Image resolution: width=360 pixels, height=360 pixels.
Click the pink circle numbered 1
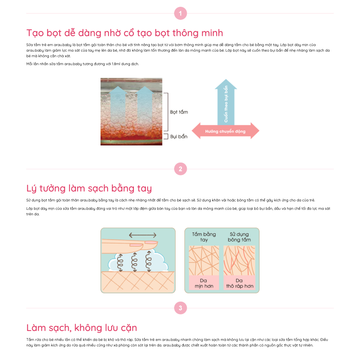[180, 14]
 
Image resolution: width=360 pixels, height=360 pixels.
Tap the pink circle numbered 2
[180, 169]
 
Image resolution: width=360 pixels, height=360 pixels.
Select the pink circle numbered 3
[180, 308]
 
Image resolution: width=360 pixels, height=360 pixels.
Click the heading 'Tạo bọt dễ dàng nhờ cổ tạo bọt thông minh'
[125, 33]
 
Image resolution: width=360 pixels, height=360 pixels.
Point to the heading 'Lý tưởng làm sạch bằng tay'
[89, 188]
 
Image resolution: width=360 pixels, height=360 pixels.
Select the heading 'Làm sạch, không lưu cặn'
[81, 328]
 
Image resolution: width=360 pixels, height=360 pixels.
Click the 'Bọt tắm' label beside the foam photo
[179, 112]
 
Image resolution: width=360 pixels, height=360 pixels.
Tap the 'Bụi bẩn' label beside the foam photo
[179, 137]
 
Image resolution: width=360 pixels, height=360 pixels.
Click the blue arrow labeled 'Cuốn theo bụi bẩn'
[226, 102]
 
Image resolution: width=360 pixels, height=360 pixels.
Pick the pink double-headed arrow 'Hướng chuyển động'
[225, 131]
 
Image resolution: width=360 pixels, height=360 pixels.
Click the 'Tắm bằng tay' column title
[204, 237]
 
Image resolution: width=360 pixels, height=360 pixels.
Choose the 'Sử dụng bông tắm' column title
[239, 237]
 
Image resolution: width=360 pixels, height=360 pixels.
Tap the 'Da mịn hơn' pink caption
[204, 283]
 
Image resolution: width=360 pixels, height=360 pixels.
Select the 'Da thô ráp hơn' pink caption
[240, 283]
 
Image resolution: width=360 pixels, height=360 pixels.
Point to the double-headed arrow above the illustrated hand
[143, 235]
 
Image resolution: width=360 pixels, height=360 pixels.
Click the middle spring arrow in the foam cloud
[134, 262]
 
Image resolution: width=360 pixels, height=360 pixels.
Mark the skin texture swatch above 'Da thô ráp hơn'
[240, 261]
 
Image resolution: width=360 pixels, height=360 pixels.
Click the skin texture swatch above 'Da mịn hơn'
[204, 261]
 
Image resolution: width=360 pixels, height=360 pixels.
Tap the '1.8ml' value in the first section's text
[116, 64]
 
